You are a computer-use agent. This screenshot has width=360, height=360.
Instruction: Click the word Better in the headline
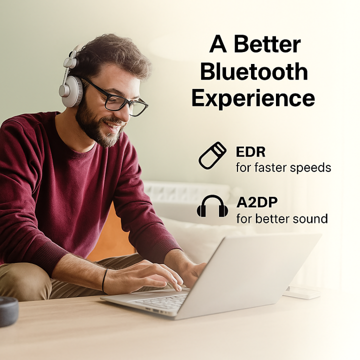(268, 45)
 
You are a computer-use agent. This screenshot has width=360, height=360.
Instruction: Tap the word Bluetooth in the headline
(253, 71)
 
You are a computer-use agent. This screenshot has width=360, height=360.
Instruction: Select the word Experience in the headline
(253, 98)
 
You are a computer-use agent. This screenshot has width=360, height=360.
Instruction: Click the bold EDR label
(250, 152)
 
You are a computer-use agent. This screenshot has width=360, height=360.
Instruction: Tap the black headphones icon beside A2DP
(212, 206)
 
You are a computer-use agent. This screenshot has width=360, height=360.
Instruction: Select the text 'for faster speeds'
(283, 167)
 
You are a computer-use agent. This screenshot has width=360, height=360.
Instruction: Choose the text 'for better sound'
(281, 218)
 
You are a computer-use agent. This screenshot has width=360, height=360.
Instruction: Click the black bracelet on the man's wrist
(104, 280)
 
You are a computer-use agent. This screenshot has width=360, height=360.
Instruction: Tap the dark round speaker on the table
(7, 311)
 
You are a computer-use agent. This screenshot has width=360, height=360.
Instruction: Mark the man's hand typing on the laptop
(150, 274)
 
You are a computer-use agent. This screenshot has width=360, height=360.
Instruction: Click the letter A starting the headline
(218, 45)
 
